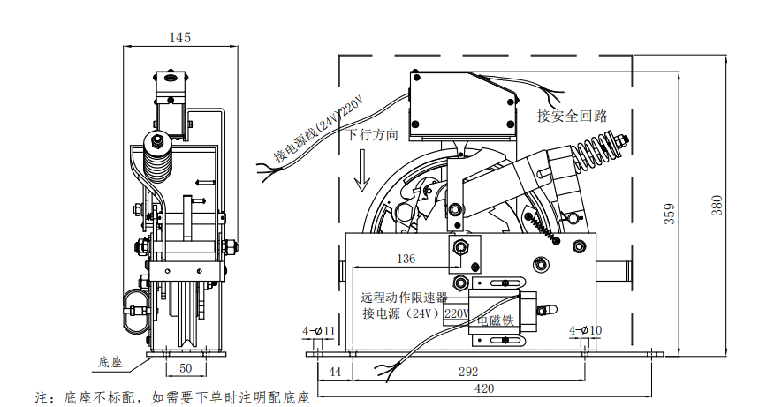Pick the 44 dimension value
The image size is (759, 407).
click(x=334, y=371)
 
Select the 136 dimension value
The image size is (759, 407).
click(x=406, y=259)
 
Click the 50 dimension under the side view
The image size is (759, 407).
click(x=186, y=366)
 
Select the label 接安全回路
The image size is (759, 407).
click(x=572, y=116)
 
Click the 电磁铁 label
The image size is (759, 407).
click(x=495, y=320)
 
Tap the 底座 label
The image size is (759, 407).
click(x=110, y=361)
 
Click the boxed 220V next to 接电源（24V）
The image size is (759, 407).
click(x=457, y=313)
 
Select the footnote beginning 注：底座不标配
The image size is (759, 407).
click(x=172, y=398)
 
